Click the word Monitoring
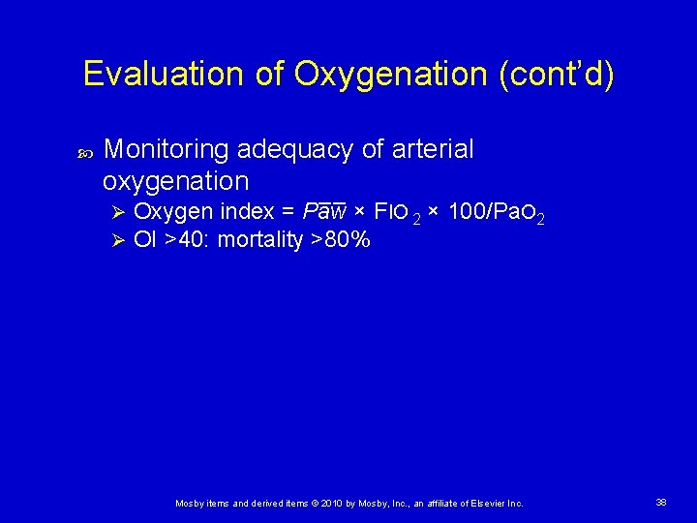point(166,149)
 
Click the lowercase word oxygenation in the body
point(175,181)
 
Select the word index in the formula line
point(246,212)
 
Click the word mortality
point(260,240)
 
